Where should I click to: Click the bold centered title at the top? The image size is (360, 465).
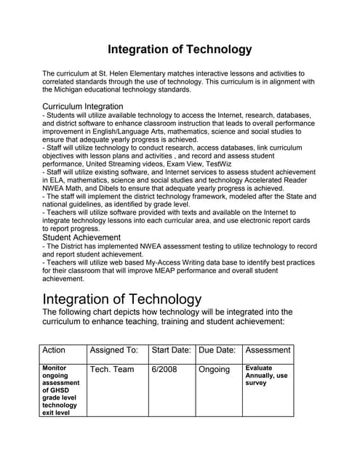click(x=180, y=49)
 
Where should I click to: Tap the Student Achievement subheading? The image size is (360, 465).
click(x=81, y=237)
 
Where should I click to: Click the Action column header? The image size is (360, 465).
click(x=54, y=350)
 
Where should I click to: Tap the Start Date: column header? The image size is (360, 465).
click(x=171, y=350)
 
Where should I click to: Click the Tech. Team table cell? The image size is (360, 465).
click(x=111, y=370)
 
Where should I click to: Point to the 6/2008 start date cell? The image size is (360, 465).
click(x=164, y=370)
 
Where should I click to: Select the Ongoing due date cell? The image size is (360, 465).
click(x=214, y=370)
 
